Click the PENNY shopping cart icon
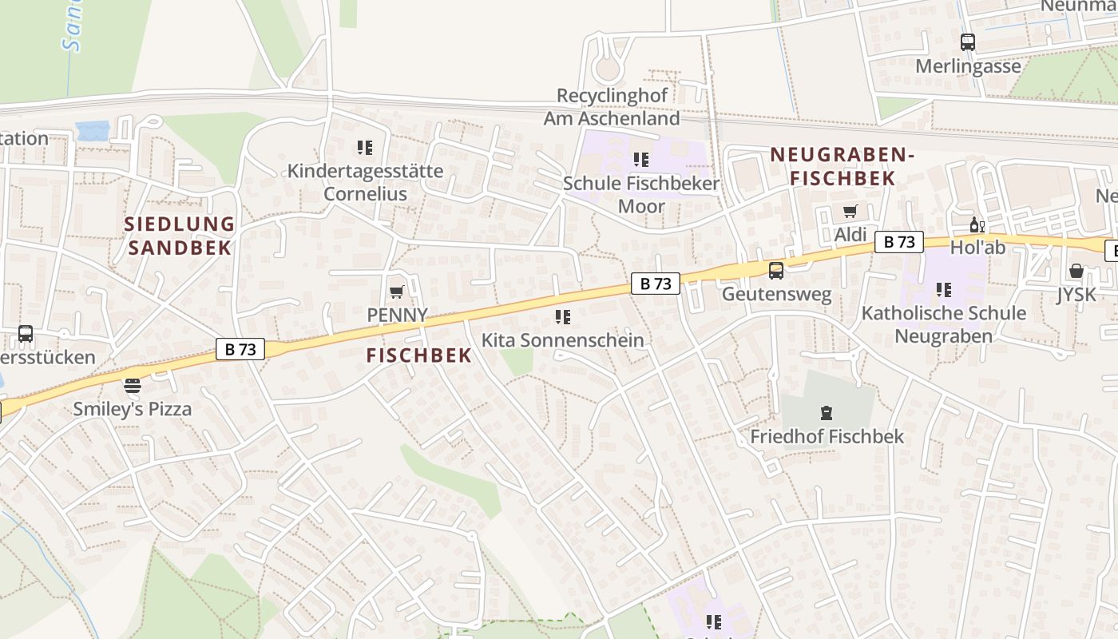tap(397, 292)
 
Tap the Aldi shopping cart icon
tap(850, 212)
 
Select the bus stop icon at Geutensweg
tap(775, 271)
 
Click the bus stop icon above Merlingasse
tap(968, 42)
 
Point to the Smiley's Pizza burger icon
tap(133, 387)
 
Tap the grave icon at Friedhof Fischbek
tap(826, 413)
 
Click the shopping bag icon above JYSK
tap(1076, 271)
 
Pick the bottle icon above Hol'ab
tap(974, 225)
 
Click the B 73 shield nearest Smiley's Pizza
tap(240, 349)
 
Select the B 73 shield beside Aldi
tap(898, 242)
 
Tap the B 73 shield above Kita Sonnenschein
tap(656, 284)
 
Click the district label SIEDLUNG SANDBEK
tap(180, 236)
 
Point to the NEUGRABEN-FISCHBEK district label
tap(842, 166)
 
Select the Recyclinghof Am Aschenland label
tap(612, 107)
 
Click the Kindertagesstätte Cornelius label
tap(365, 182)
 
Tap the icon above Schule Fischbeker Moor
tap(640, 160)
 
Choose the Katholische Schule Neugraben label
tap(943, 323)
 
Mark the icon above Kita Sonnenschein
tap(563, 317)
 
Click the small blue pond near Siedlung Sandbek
tap(93, 131)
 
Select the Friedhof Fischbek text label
tap(827, 437)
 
